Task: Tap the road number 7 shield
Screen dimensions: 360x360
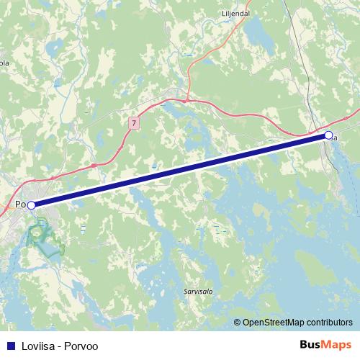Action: (x=133, y=123)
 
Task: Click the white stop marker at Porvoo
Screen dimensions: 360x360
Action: (x=31, y=205)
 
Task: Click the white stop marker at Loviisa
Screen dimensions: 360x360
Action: (x=328, y=135)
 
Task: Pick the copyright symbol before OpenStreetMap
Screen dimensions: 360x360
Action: (x=238, y=322)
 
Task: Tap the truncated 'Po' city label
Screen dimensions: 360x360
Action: (x=20, y=205)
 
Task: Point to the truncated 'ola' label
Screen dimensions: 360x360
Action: (x=4, y=63)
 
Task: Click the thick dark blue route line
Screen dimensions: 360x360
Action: (x=180, y=171)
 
